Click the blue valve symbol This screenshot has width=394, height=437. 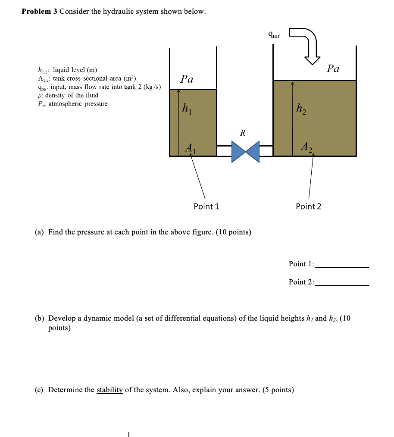(245, 151)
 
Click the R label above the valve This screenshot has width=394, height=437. (243, 133)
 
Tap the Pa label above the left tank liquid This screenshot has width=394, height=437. (187, 79)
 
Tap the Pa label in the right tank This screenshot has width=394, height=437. (333, 68)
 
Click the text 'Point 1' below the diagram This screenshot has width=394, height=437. (206, 206)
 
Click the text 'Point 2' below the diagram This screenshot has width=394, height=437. (308, 206)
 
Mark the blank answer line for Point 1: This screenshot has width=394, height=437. (342, 267)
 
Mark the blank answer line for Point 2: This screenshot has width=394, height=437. (342, 285)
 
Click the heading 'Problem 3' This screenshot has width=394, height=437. (39, 12)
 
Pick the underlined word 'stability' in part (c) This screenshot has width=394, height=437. (109, 390)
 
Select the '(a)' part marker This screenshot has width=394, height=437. (39, 232)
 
